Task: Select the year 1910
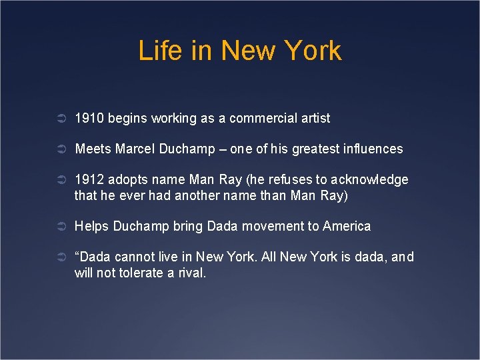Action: click(89, 118)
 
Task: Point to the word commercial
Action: click(261, 118)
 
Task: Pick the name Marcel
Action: click(135, 149)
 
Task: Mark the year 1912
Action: click(89, 180)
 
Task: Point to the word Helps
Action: click(91, 226)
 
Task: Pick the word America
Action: click(347, 226)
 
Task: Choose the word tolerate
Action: click(144, 273)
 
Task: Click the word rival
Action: click(191, 273)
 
